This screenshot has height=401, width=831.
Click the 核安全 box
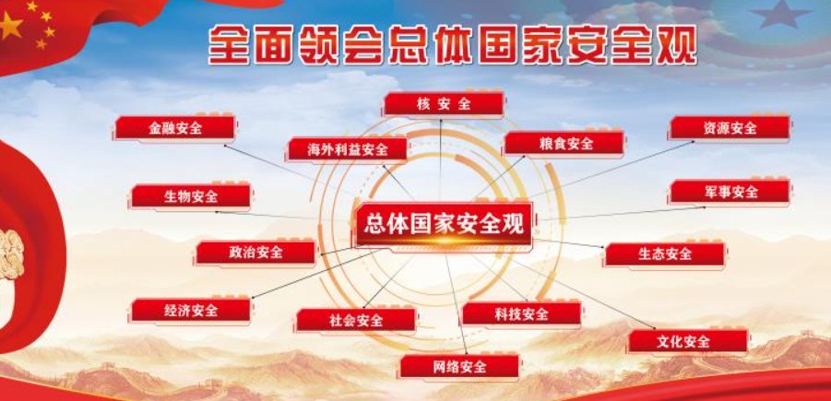444,104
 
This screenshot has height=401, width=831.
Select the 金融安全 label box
176,128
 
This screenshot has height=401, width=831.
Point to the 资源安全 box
730,128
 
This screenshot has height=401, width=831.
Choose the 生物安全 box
191,196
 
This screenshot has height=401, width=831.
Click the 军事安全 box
730,192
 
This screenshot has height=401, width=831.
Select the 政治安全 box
255,252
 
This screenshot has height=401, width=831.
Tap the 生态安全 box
664,254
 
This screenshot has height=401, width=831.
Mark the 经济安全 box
191,311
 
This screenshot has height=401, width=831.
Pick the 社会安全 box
356,320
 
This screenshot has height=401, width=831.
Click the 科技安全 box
522,314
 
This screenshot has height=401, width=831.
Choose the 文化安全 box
687,342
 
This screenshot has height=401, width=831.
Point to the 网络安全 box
458,367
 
